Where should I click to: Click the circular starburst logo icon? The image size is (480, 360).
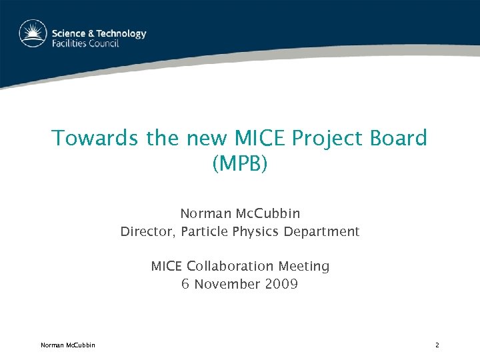tap(33, 33)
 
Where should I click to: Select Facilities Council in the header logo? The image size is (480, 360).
tap(86, 44)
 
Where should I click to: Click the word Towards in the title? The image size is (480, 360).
tap(96, 139)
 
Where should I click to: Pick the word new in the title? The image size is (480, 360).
tap(207, 139)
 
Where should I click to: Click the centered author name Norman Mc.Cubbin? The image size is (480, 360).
tap(240, 214)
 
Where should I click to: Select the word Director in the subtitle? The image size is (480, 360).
tap(145, 232)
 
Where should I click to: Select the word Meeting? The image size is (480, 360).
tap(303, 267)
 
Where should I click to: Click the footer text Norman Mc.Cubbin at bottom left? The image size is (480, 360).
tap(67, 345)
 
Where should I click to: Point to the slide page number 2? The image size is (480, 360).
tap(437, 345)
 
